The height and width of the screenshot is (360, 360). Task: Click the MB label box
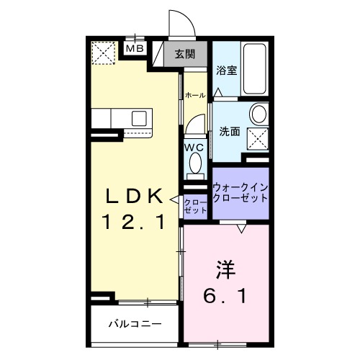coord(135,48)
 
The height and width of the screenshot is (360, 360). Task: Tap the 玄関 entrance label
coord(184,53)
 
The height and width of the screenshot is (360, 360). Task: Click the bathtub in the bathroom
coord(254,70)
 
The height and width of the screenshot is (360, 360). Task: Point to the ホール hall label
coord(194,95)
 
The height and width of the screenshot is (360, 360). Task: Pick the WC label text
coord(194,147)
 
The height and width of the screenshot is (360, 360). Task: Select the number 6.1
coord(225,294)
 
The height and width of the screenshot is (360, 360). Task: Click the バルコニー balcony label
coord(135,323)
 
